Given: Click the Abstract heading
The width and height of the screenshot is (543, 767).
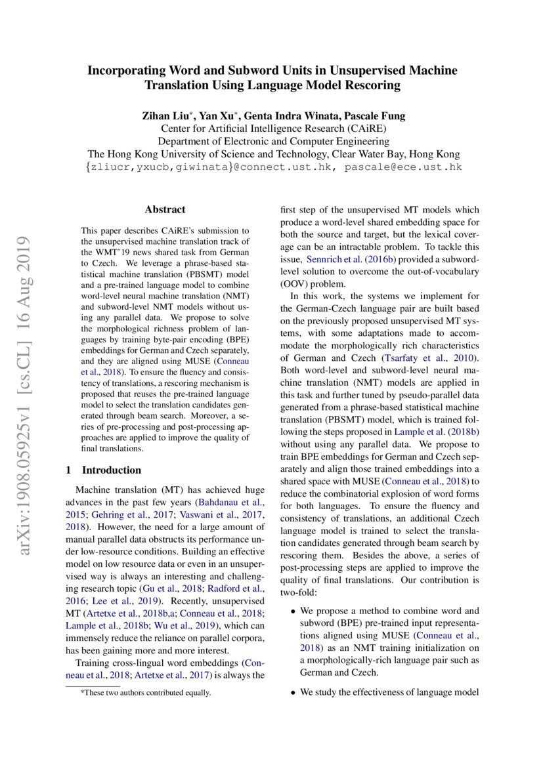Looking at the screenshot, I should click(x=165, y=210).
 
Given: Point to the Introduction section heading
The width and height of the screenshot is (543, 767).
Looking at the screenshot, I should click(x=111, y=470).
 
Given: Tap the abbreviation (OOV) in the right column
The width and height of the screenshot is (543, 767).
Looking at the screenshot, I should click(x=296, y=284).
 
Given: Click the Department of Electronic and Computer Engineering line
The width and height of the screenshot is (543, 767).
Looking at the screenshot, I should click(x=273, y=141).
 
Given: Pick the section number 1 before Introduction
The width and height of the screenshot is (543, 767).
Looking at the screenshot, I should click(x=68, y=470).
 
